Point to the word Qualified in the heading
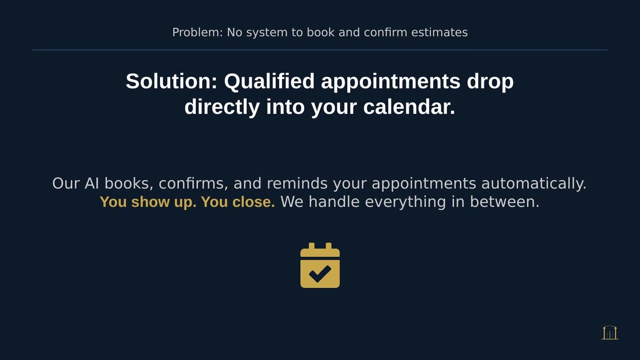tap(269, 82)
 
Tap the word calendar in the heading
tap(409, 107)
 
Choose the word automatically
tap(533, 184)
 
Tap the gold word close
tap(254, 203)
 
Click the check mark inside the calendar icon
tap(320, 273)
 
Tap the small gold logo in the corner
tap(610, 333)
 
